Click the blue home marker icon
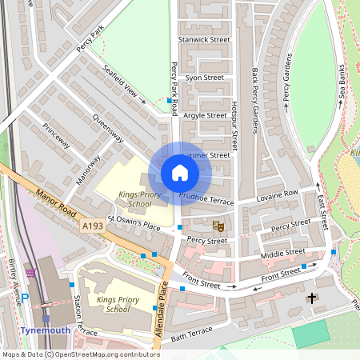tap(180, 172)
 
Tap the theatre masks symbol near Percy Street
tap(216, 228)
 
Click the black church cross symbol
tap(311, 298)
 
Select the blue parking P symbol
tap(25, 298)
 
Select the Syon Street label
tap(204, 78)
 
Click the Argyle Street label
tap(205, 115)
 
